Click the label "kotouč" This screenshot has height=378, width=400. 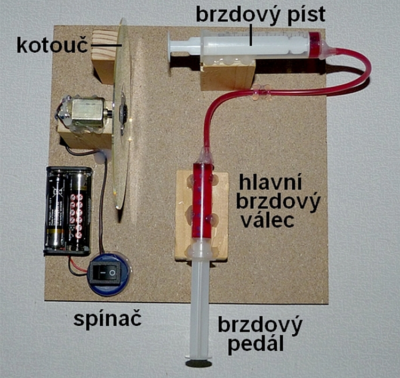(x=52, y=45)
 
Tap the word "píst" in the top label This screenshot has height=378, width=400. (x=306, y=15)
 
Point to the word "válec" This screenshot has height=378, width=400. (x=268, y=220)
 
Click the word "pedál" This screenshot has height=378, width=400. (x=255, y=344)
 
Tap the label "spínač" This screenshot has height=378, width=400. (x=107, y=320)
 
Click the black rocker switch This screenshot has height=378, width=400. (x=105, y=273)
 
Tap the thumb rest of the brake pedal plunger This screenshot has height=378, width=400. (x=198, y=363)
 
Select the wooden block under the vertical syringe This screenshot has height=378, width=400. (x=201, y=216)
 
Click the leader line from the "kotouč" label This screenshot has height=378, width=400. (x=106, y=45)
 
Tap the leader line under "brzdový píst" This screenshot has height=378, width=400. (x=252, y=35)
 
